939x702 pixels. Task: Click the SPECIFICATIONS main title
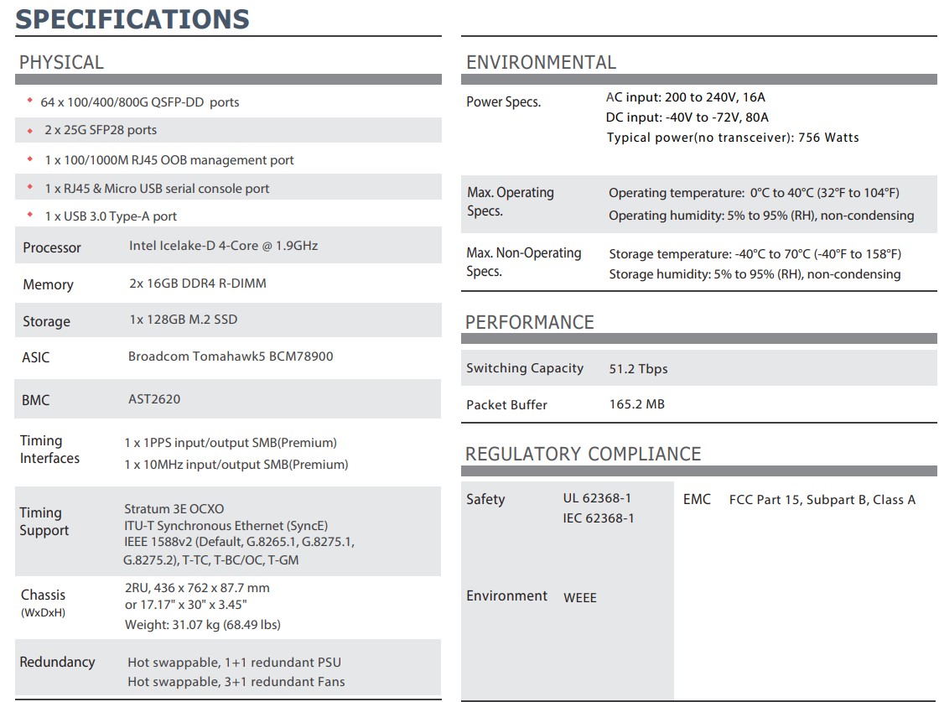[x=132, y=18]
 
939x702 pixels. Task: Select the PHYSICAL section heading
[x=61, y=62]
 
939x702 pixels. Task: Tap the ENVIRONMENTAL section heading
[x=541, y=62]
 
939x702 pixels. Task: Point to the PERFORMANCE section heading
[x=529, y=322]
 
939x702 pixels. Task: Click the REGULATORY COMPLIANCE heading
[x=583, y=454]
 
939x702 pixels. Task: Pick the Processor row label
[x=52, y=247]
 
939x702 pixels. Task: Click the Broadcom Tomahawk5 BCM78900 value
[x=231, y=356]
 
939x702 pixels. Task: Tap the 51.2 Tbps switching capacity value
[x=638, y=369]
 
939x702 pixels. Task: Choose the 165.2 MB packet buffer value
[x=636, y=404]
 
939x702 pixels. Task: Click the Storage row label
[x=46, y=321]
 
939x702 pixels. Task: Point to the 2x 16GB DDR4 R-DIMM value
[x=197, y=283]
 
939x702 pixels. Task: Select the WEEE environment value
[x=580, y=598]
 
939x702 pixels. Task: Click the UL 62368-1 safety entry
[x=597, y=498]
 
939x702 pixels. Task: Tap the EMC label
[x=697, y=499]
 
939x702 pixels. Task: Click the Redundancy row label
[x=57, y=662]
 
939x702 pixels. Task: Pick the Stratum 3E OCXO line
[x=174, y=508]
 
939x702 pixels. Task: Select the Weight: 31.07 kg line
[x=202, y=624]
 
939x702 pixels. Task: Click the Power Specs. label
[x=503, y=102]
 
